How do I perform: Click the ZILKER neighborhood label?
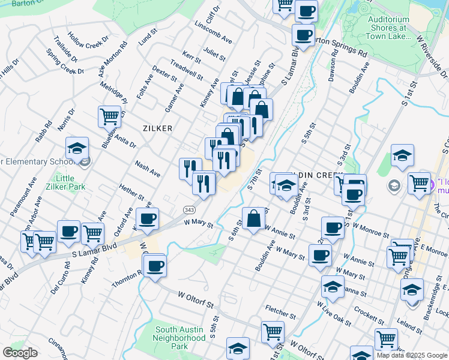click(x=158, y=128)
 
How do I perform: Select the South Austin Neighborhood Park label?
click(x=180, y=338)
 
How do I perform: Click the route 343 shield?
click(x=188, y=208)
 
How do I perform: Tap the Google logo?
click(x=20, y=353)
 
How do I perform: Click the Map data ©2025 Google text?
click(x=412, y=355)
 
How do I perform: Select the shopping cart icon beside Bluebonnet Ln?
click(x=109, y=116)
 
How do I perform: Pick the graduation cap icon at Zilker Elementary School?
click(x=77, y=148)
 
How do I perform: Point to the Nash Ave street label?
click(x=148, y=169)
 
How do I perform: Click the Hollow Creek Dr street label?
click(x=88, y=40)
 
